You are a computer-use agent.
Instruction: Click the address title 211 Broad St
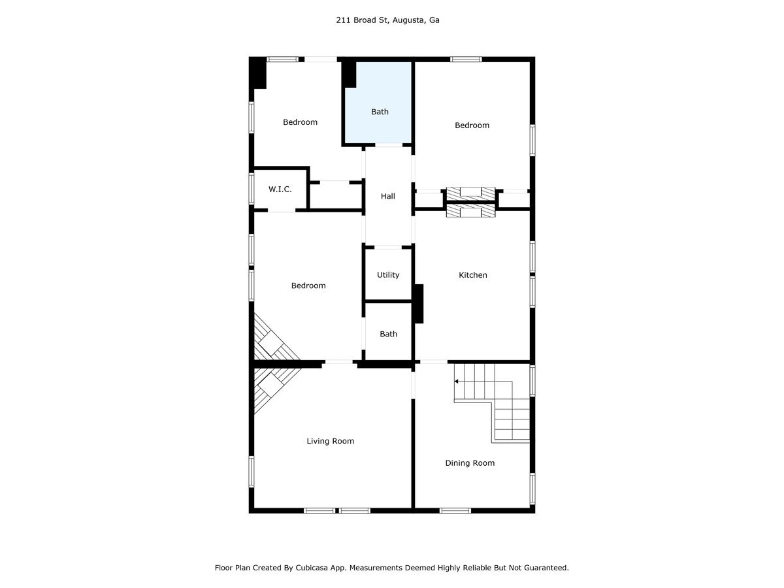pos(387,20)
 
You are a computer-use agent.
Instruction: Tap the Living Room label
pos(330,441)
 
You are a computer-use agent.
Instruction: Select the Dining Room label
pos(470,463)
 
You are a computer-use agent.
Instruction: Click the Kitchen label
pos(472,275)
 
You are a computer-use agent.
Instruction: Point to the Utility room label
pos(388,275)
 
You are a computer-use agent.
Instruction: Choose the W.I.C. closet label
pos(280,189)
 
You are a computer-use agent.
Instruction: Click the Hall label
pos(388,196)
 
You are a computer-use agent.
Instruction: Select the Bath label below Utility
pos(388,334)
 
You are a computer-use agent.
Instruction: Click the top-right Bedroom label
pos(472,125)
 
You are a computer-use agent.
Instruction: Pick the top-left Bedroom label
pos(300,122)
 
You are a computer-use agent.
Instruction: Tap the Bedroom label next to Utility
pos(308,286)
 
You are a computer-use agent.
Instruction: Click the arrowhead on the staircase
pos(457,381)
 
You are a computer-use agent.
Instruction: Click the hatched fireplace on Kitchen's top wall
pos(470,212)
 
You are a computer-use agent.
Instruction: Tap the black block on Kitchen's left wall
pos(419,303)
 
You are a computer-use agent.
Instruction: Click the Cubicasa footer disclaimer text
pos(391,568)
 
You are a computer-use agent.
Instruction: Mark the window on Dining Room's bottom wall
pos(455,510)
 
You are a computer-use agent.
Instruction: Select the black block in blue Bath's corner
pos(350,74)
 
